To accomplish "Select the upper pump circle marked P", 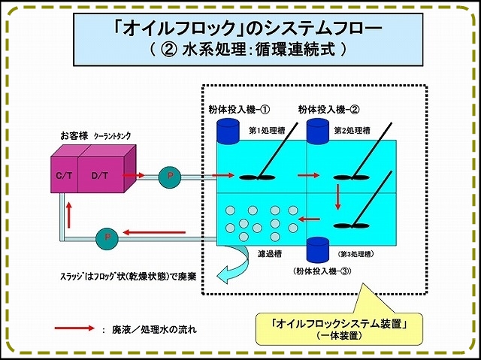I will click(x=171, y=177).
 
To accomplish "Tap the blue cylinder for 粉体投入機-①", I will click(x=226, y=130).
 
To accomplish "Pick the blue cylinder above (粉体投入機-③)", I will click(x=318, y=250).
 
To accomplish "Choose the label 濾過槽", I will click(x=270, y=255).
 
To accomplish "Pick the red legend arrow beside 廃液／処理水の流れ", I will click(x=73, y=328).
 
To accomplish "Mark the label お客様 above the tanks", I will click(x=74, y=136).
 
